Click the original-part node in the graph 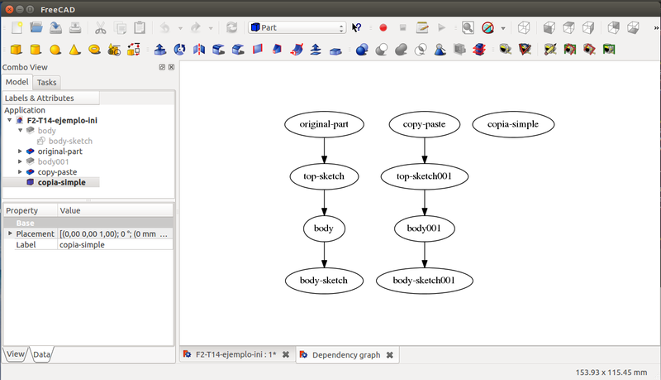click(323, 125)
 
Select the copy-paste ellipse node click(424, 125)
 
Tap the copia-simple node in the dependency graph click(513, 125)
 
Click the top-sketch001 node click(424, 176)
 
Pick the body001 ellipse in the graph click(424, 228)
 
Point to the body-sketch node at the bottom click(323, 280)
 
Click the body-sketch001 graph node click(424, 280)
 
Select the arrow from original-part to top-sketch click(323, 151)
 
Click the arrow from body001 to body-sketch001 click(424, 253)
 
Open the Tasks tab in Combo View click(47, 83)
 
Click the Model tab click(17, 83)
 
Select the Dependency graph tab click(345, 355)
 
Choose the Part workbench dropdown click(297, 27)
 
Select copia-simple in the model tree click(67, 182)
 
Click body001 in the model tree click(53, 161)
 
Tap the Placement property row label click(35, 234)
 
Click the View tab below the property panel click(15, 354)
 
